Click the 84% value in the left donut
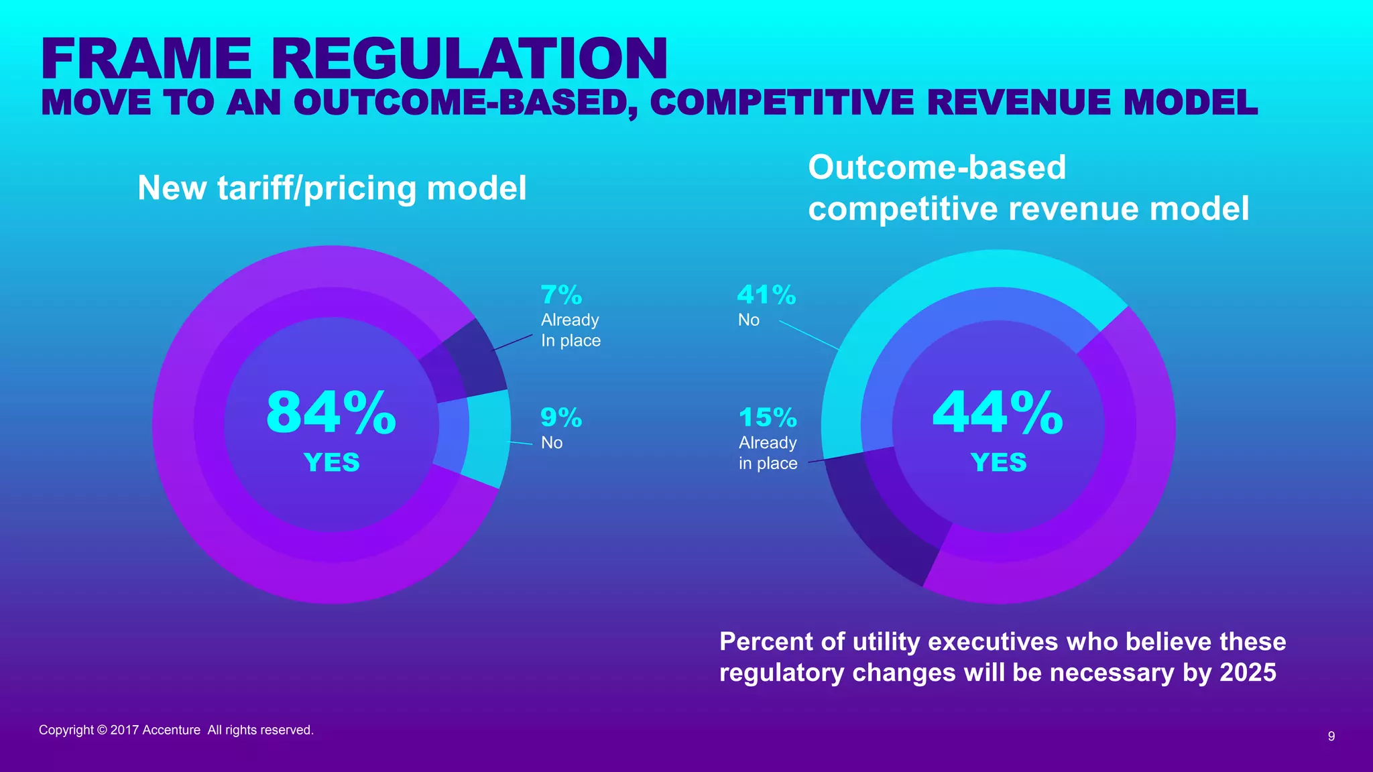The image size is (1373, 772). [331, 412]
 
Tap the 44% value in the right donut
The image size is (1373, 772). [998, 412]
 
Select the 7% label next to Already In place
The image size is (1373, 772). [561, 295]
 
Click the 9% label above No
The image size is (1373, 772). [561, 417]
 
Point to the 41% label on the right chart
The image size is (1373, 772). [766, 295]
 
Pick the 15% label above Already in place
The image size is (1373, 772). [768, 417]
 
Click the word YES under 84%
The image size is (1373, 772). [331, 462]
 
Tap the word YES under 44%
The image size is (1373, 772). [998, 462]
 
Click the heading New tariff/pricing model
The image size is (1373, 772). [332, 188]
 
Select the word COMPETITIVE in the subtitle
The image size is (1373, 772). [782, 103]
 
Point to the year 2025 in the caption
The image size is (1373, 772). [1248, 672]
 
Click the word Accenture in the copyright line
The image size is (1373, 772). [171, 730]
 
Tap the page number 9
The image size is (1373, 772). [1331, 736]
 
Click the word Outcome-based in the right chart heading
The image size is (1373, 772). [937, 167]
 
